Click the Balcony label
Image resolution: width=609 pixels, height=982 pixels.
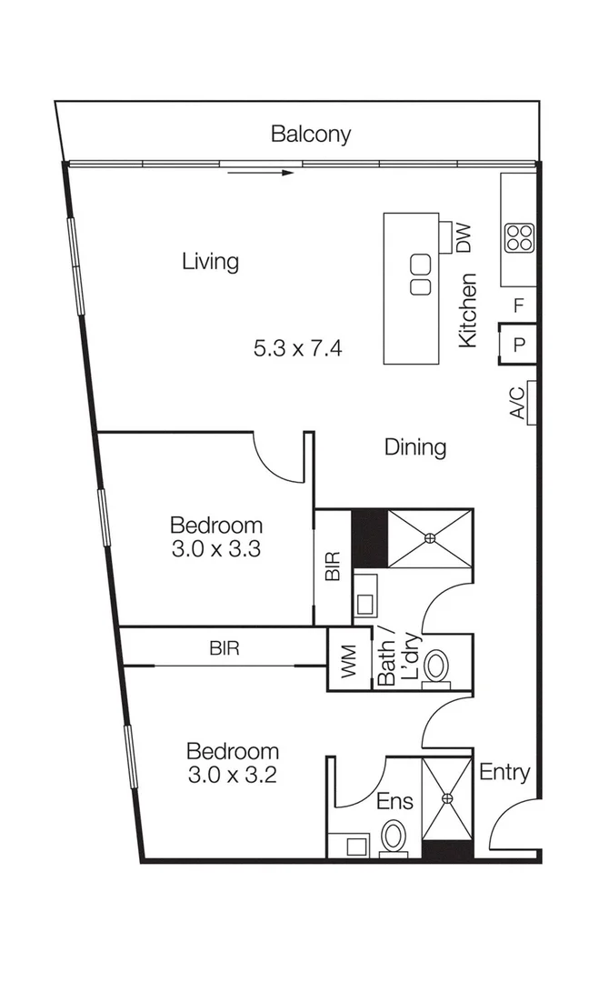pyautogui.click(x=311, y=135)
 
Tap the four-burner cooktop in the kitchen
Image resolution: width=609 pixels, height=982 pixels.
pyautogui.click(x=519, y=238)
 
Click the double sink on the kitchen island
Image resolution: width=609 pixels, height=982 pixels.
pyautogui.click(x=419, y=276)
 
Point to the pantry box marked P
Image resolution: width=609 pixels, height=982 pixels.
pyautogui.click(x=518, y=345)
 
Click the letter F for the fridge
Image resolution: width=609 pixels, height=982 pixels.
pyautogui.click(x=518, y=306)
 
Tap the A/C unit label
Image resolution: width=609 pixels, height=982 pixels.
pyautogui.click(x=516, y=403)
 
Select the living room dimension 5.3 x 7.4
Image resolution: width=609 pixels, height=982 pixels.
pyautogui.click(x=298, y=348)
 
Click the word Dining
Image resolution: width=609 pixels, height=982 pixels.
pyautogui.click(x=415, y=447)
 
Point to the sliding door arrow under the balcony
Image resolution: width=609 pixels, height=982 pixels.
pyautogui.click(x=261, y=172)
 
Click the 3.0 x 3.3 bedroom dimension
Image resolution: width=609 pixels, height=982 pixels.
pyautogui.click(x=216, y=549)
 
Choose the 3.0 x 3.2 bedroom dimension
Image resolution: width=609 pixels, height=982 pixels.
pyautogui.click(x=232, y=776)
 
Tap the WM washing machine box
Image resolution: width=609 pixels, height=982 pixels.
pyautogui.click(x=349, y=660)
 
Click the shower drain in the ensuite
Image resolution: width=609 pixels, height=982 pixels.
pyautogui.click(x=447, y=798)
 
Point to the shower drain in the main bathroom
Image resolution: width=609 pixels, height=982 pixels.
pyautogui.click(x=430, y=537)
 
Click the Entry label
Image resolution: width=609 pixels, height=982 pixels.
pyautogui.click(x=504, y=773)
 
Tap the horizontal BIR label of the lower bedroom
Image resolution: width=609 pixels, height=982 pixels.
pyautogui.click(x=224, y=649)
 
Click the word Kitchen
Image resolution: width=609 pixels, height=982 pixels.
pyautogui.click(x=468, y=310)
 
